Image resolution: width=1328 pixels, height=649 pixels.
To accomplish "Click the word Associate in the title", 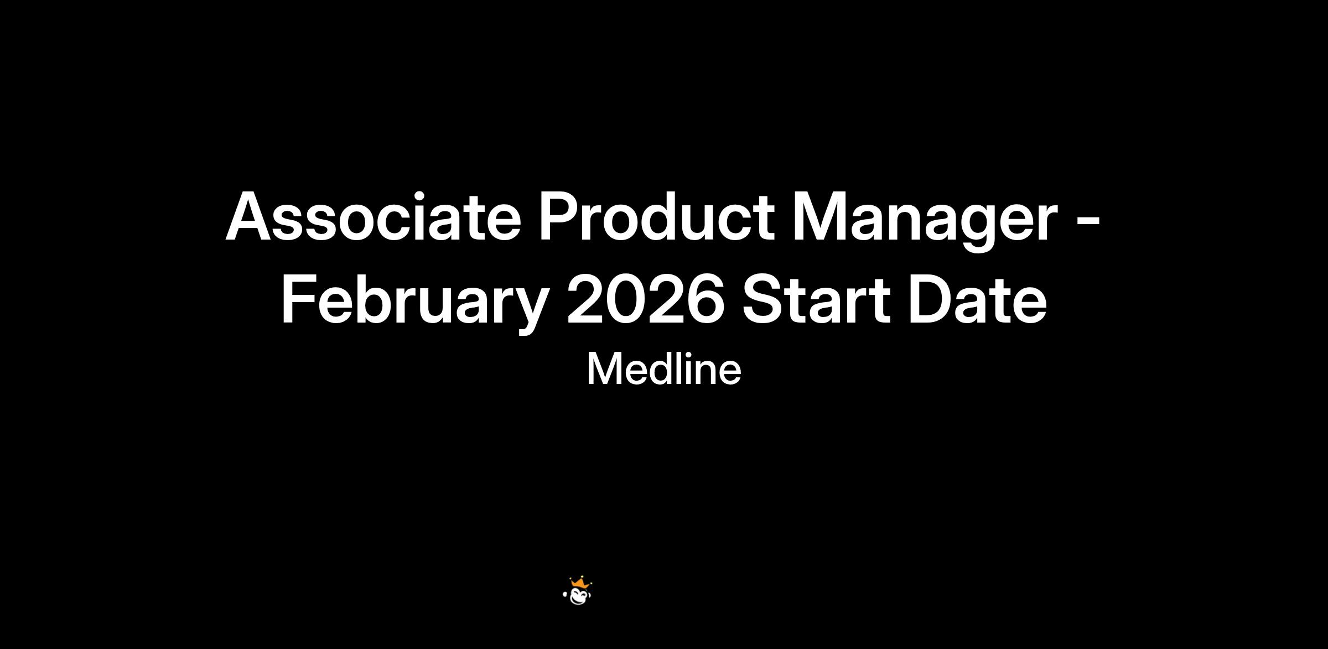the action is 373,216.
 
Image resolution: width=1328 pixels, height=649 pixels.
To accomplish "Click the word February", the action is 414,305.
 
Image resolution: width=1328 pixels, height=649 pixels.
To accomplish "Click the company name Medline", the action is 663,369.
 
